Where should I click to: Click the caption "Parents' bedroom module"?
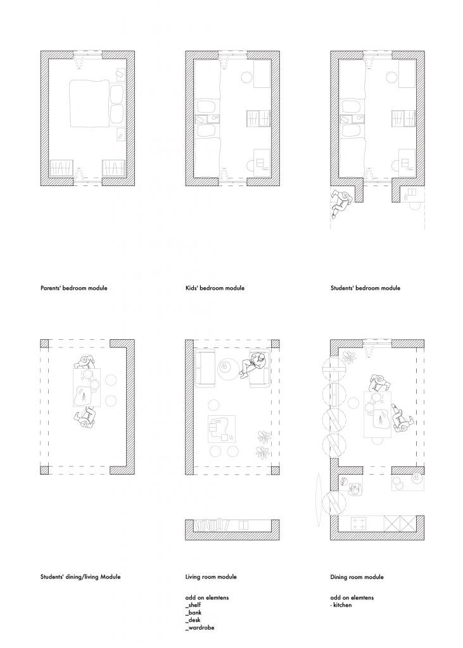point(73,288)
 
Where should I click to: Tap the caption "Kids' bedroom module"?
point(215,288)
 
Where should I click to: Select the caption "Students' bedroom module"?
point(365,288)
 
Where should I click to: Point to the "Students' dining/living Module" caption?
point(80,577)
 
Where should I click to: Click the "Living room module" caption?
point(211,577)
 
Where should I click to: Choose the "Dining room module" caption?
point(357,577)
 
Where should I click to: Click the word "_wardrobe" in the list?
point(200,628)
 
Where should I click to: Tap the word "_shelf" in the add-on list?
point(193,605)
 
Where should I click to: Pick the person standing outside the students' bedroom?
point(342,203)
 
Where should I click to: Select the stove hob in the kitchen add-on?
point(358,523)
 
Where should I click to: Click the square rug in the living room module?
point(221,430)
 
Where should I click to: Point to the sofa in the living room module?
point(205,369)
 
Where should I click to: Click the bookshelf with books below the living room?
point(212,525)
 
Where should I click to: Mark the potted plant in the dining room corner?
point(350,357)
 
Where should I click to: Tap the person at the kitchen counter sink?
point(355,490)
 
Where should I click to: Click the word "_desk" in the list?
point(193,620)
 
